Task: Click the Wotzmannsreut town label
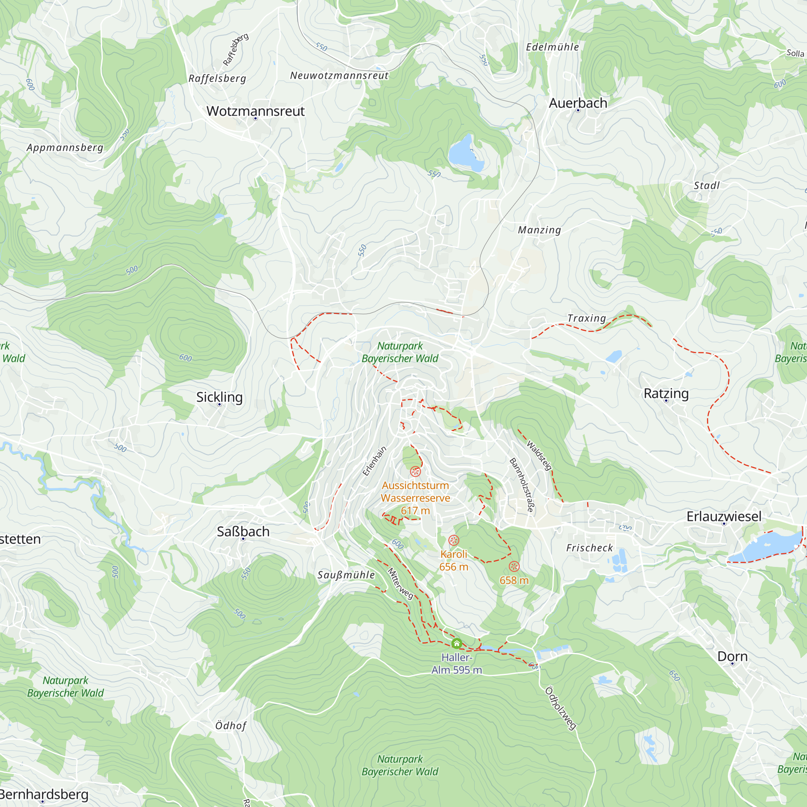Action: point(255,111)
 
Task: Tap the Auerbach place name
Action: point(578,103)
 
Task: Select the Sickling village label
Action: point(219,397)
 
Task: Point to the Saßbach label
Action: point(243,531)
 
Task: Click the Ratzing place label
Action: point(666,393)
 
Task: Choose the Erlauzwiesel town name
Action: point(724,516)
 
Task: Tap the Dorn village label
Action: point(732,656)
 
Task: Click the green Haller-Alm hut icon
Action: point(456,643)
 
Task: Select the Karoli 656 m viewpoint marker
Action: point(454,541)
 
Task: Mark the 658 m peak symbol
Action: point(514,567)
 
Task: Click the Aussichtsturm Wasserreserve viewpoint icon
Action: point(415,472)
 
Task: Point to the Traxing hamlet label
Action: point(586,318)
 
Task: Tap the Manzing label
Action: point(539,230)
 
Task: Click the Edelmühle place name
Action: point(552,47)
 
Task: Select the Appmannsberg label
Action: point(65,147)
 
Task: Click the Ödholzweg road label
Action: point(560,708)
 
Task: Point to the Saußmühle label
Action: point(346,575)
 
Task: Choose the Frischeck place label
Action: point(590,548)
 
